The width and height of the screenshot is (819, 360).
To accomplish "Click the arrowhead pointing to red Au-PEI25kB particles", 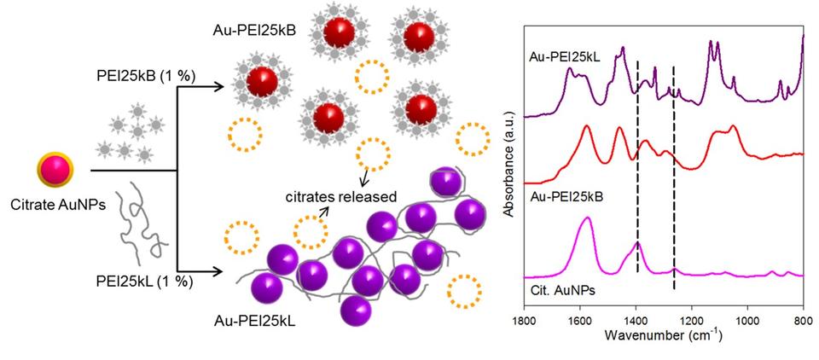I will [x=224, y=85].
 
